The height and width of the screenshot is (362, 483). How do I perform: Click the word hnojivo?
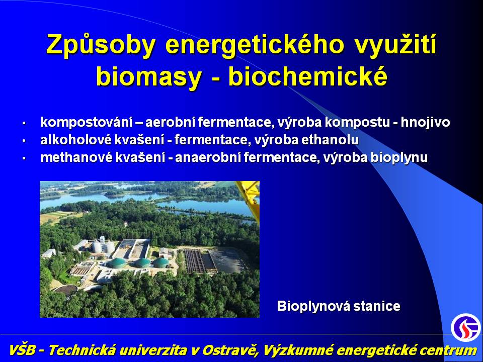[x=426, y=122]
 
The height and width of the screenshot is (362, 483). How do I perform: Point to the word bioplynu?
[x=399, y=158]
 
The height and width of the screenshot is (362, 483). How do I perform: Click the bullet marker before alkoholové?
[x=24, y=141]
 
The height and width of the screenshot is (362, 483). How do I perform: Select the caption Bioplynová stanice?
[x=339, y=306]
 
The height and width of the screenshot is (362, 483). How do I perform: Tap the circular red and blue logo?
[x=466, y=327]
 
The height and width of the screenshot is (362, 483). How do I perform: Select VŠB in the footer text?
[x=22, y=350]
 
